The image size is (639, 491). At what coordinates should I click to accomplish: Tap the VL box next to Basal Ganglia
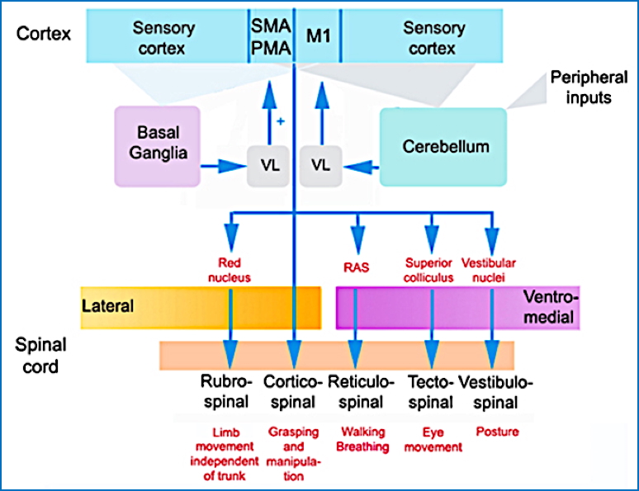(x=270, y=165)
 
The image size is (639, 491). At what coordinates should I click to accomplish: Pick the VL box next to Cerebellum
(x=321, y=165)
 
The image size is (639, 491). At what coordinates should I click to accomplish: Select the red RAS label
(x=356, y=267)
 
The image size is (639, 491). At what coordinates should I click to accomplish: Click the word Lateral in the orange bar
(x=108, y=306)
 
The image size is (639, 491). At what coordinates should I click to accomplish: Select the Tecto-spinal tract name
(x=430, y=392)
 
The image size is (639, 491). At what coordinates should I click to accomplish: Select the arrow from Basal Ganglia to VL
(x=224, y=166)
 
